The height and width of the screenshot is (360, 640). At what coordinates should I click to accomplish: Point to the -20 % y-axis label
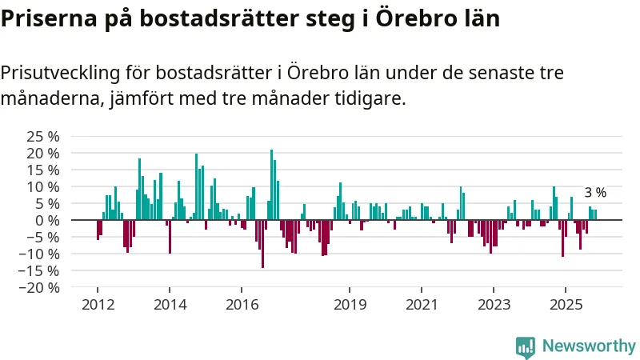pyautogui.click(x=40, y=287)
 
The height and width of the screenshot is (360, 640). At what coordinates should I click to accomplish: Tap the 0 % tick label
pyautogui.click(x=48, y=220)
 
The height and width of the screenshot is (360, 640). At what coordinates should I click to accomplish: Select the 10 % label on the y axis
pyautogui.click(x=43, y=186)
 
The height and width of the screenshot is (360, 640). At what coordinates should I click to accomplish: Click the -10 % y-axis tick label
pyautogui.click(x=40, y=254)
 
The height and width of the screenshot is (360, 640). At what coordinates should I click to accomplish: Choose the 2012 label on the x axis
pyautogui.click(x=98, y=305)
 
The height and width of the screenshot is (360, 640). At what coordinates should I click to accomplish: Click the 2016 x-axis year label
pyautogui.click(x=242, y=305)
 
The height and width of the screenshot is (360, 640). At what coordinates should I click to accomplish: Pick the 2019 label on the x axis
pyautogui.click(x=350, y=305)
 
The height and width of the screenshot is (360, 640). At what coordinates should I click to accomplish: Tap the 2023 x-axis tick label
pyautogui.click(x=494, y=305)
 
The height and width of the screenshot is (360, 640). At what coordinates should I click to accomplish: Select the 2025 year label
pyautogui.click(x=566, y=305)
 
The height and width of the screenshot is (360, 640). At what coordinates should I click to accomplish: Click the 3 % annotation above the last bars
pyautogui.click(x=595, y=193)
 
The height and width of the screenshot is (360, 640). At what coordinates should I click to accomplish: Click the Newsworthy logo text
pyautogui.click(x=589, y=346)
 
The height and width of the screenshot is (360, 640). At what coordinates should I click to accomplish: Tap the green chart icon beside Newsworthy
pyautogui.click(x=526, y=346)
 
